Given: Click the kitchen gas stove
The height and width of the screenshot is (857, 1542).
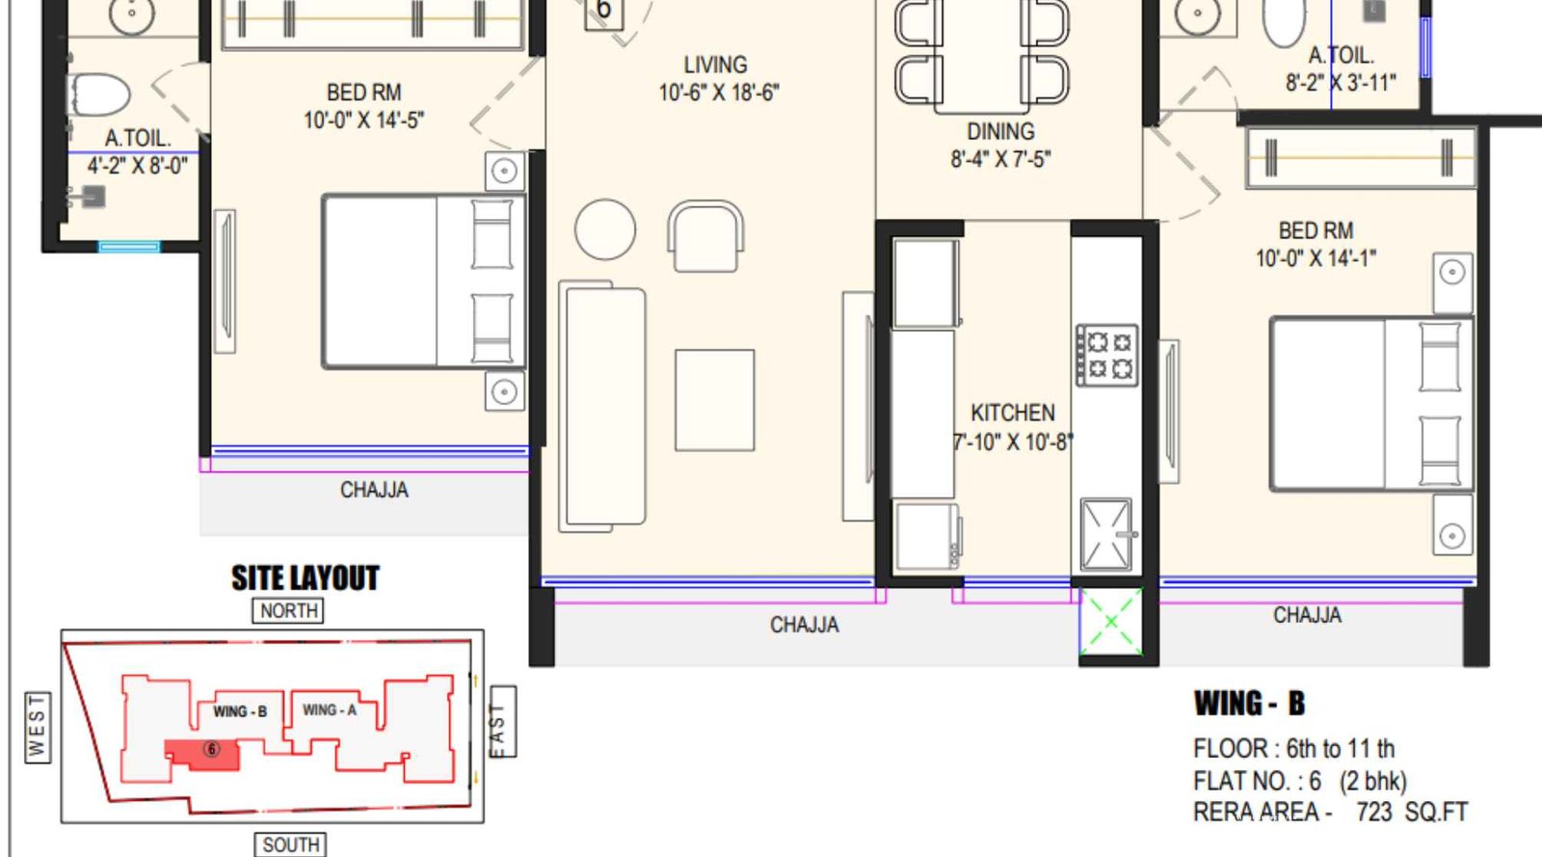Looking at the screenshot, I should (1106, 355).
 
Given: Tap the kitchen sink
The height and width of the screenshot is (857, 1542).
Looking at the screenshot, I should (1105, 535).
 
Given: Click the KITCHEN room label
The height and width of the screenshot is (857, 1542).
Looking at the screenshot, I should (1012, 414).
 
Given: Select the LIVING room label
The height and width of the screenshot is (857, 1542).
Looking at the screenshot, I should (715, 66).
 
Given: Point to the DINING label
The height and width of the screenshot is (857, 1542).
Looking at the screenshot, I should (1000, 132).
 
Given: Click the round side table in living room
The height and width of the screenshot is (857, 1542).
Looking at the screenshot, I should (605, 229).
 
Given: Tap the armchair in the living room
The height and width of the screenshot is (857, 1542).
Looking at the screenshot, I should (705, 236).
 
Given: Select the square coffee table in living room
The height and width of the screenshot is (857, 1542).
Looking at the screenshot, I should (714, 400).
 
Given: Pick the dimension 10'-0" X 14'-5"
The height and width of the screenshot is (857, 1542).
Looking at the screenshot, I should (363, 121).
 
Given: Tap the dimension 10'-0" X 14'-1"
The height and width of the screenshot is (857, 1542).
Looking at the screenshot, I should (1316, 258).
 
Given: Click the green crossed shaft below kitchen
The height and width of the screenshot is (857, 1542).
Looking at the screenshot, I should (1111, 622).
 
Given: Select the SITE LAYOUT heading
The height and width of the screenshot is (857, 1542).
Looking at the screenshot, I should (305, 578).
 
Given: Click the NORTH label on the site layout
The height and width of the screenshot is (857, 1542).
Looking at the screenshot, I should (288, 610).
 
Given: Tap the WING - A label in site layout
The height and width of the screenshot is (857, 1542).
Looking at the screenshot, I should (329, 710).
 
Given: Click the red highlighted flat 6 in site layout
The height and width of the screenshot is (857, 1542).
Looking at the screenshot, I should (203, 753).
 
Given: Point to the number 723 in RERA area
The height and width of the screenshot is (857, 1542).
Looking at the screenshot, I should (1373, 813).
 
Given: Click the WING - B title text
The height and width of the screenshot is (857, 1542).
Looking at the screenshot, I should (1249, 704).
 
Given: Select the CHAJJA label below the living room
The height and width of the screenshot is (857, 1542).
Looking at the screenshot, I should (804, 626).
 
